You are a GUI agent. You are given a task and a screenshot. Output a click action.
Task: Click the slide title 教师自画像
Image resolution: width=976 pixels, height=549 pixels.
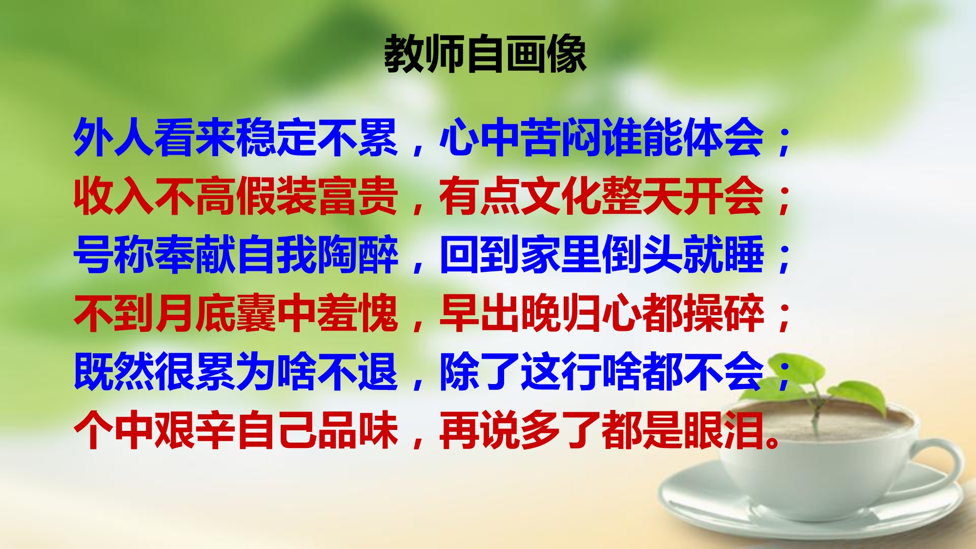pos(485,54)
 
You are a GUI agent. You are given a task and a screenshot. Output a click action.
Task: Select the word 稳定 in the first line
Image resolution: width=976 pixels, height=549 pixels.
pos(276,138)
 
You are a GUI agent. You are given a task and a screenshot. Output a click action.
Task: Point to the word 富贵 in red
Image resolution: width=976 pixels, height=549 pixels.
pos(358,196)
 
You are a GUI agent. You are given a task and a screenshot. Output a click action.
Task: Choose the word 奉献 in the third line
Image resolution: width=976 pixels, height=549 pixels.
pos(195,255)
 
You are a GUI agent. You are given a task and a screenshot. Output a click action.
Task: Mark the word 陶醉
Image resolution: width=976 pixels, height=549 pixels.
pos(358,255)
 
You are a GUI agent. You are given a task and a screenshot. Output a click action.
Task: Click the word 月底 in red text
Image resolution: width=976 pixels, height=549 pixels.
pos(195,313)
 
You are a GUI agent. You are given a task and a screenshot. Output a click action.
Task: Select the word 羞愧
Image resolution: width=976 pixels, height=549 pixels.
pos(358,313)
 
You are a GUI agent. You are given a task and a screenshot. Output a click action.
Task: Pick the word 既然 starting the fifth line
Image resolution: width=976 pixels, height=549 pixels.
pos(114,372)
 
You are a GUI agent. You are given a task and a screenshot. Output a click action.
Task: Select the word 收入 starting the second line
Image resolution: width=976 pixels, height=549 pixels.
pos(114,196)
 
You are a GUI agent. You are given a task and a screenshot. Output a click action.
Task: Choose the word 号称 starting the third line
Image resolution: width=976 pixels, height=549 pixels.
pos(114,255)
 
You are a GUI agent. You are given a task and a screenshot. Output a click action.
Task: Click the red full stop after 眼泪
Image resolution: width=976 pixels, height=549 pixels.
pos(773,442)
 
